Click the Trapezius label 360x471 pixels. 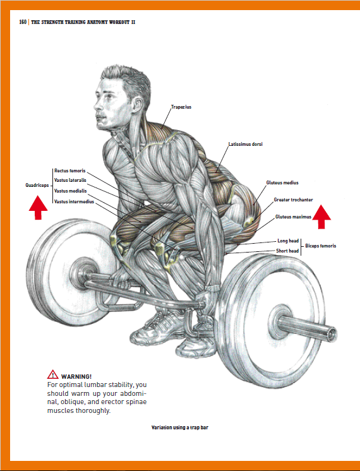(x=181, y=107)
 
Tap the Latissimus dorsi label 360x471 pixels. (x=245, y=144)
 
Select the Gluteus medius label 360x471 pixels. (x=282, y=182)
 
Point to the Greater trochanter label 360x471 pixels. (x=293, y=200)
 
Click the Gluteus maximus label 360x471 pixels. (x=293, y=217)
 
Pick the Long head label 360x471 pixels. (x=288, y=241)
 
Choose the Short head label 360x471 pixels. (x=287, y=251)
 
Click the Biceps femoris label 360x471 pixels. (x=321, y=246)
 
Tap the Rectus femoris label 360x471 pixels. (x=69, y=170)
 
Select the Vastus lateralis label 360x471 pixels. (x=70, y=180)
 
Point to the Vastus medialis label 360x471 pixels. (x=70, y=191)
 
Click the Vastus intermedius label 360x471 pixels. (x=74, y=201)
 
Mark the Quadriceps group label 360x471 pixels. (x=37, y=186)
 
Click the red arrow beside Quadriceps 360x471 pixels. (x=38, y=208)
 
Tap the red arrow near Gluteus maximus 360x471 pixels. (x=321, y=217)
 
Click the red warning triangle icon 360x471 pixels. (x=53, y=374)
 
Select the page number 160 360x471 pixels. (x=23, y=22)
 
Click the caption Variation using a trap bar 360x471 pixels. (x=180, y=427)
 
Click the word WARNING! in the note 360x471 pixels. (x=76, y=377)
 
